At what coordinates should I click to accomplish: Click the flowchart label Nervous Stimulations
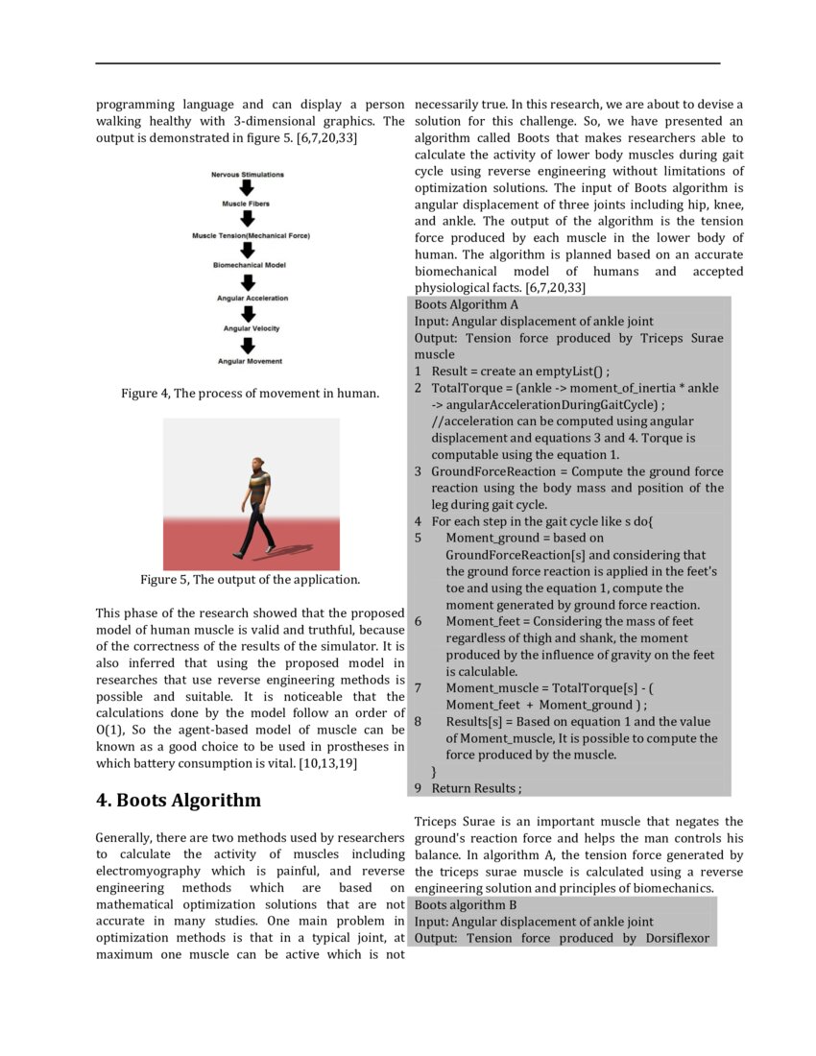tap(247, 175)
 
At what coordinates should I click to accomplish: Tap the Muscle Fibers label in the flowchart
tap(247, 204)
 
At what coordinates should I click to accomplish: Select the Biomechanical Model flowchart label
tap(249, 265)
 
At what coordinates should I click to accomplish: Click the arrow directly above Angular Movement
tap(248, 345)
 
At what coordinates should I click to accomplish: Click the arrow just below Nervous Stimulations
tap(247, 189)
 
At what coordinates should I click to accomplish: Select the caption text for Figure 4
tap(250, 394)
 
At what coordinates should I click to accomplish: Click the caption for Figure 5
tap(250, 580)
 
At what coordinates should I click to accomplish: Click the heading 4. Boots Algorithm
tap(178, 801)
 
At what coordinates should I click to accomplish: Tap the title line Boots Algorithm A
tap(467, 304)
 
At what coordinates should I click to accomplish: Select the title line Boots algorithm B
tap(466, 905)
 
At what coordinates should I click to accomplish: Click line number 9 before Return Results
tap(418, 789)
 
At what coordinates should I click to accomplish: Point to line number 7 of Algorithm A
tap(418, 688)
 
